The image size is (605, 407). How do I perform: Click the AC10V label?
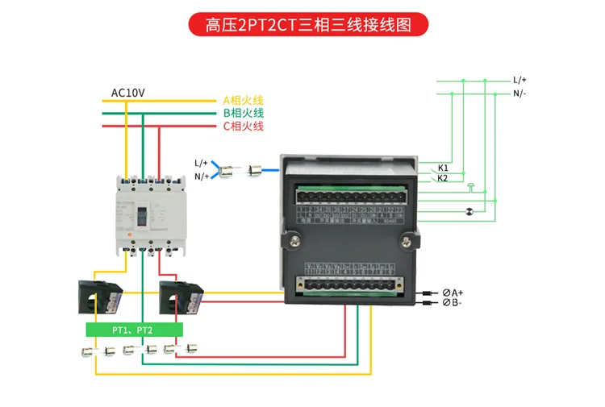pos(127,93)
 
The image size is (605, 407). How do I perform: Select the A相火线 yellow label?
pos(243,101)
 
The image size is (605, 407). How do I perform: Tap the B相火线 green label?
pos(243,114)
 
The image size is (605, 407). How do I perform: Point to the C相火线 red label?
pos(243,127)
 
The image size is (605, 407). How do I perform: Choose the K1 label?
pos(443,168)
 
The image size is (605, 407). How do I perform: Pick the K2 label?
pos(443,179)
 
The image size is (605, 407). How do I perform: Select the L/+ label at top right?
pos(519,81)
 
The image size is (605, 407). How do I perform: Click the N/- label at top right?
pos(519,93)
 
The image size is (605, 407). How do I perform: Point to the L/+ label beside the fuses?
pos(201,162)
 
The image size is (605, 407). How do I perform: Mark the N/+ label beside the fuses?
pos(201,176)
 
